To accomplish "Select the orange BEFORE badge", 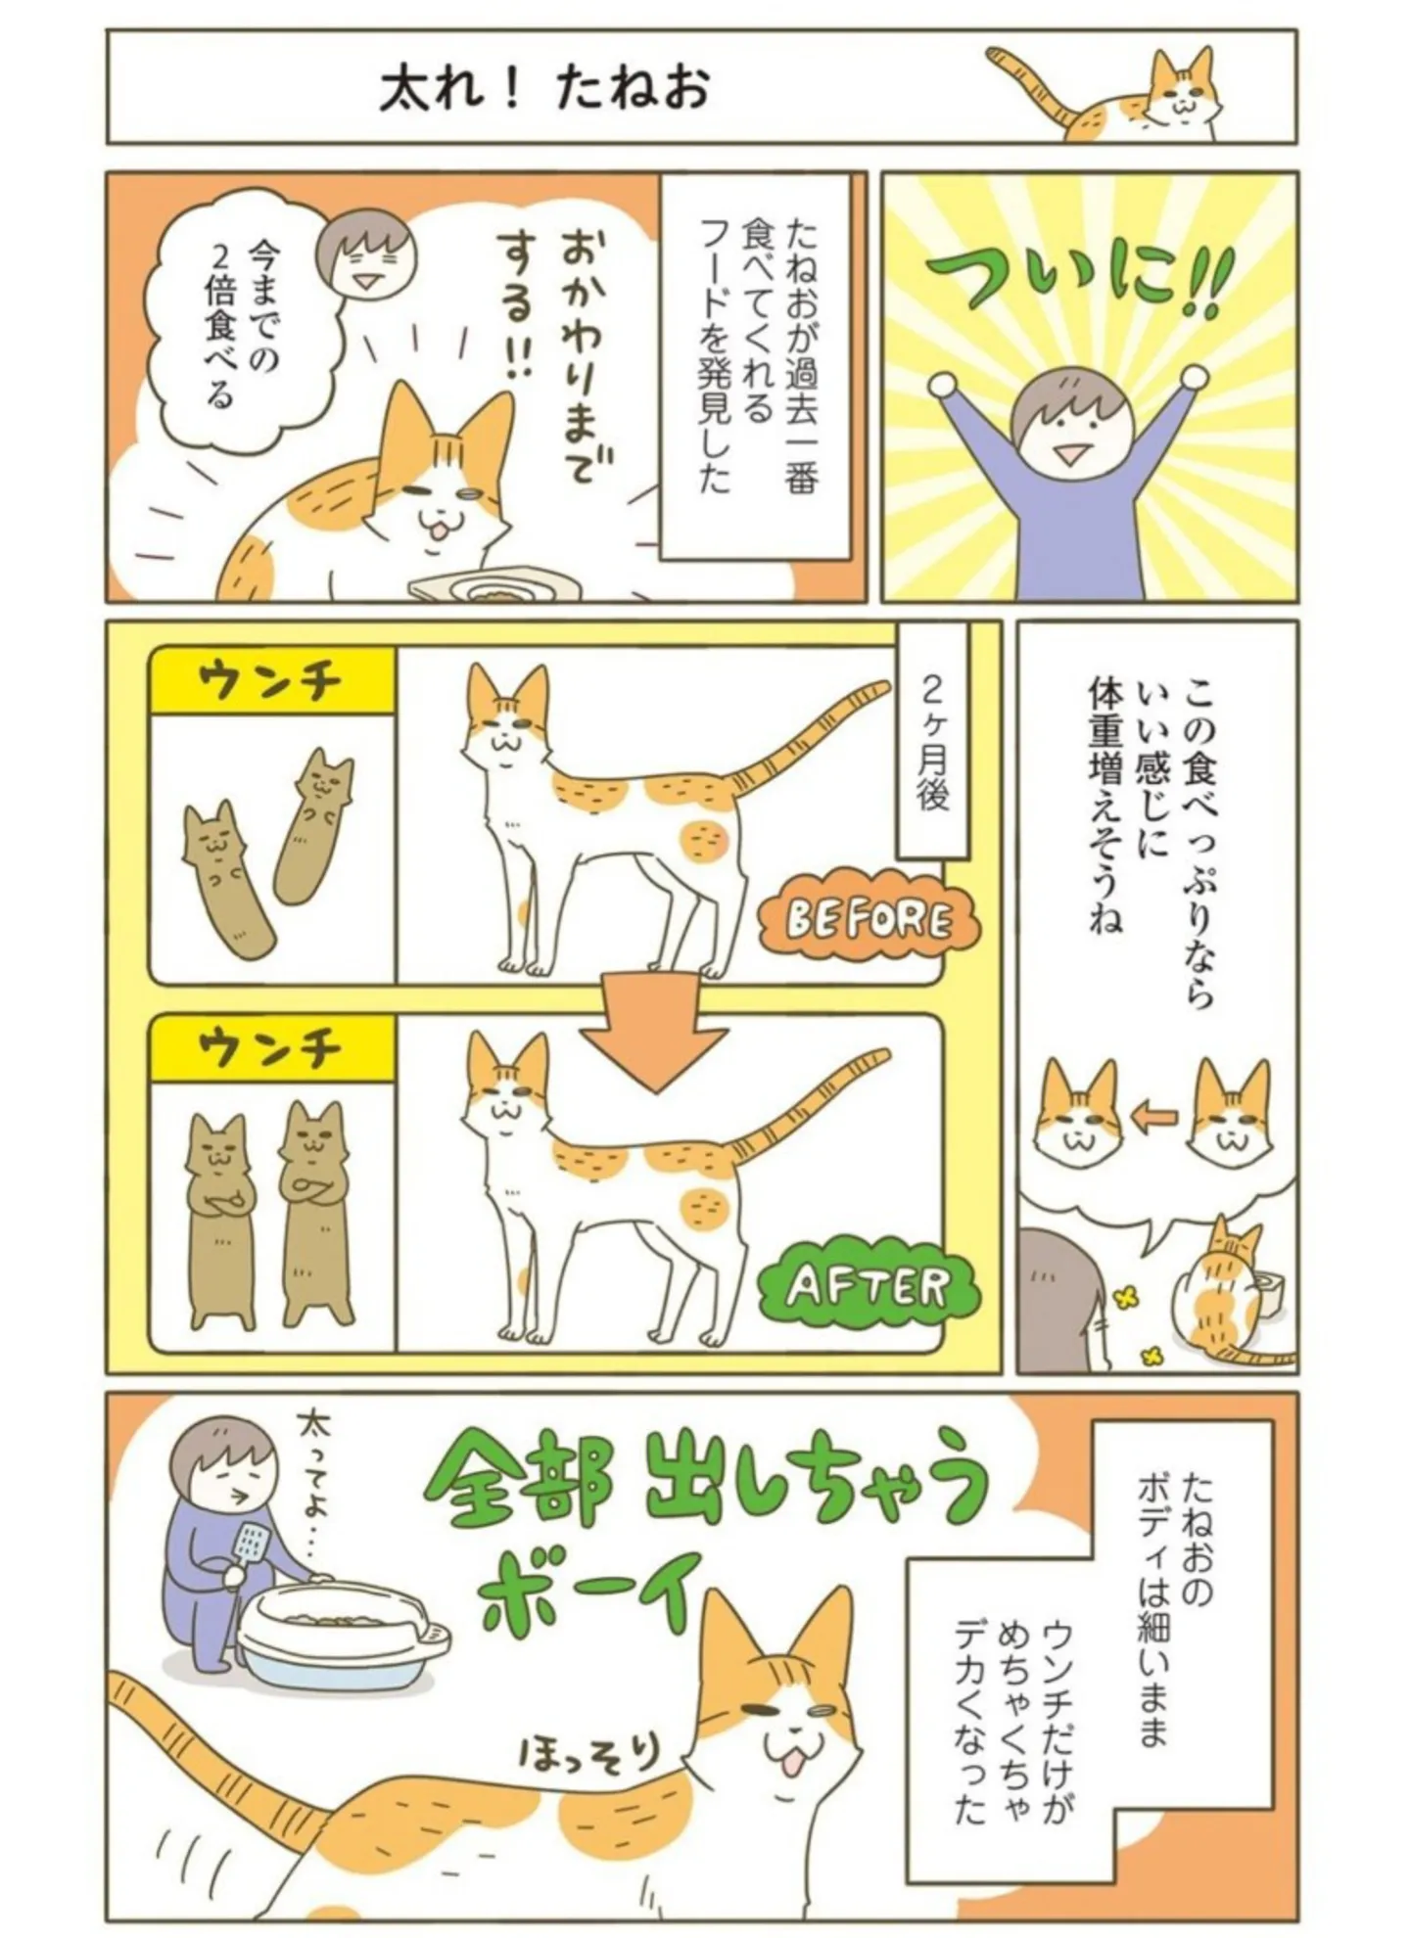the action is click(x=869, y=920).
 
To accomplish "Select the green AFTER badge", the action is click(x=869, y=1288).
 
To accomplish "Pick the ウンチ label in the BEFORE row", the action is click(x=271, y=681).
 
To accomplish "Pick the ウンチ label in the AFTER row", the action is click(x=271, y=1048).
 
